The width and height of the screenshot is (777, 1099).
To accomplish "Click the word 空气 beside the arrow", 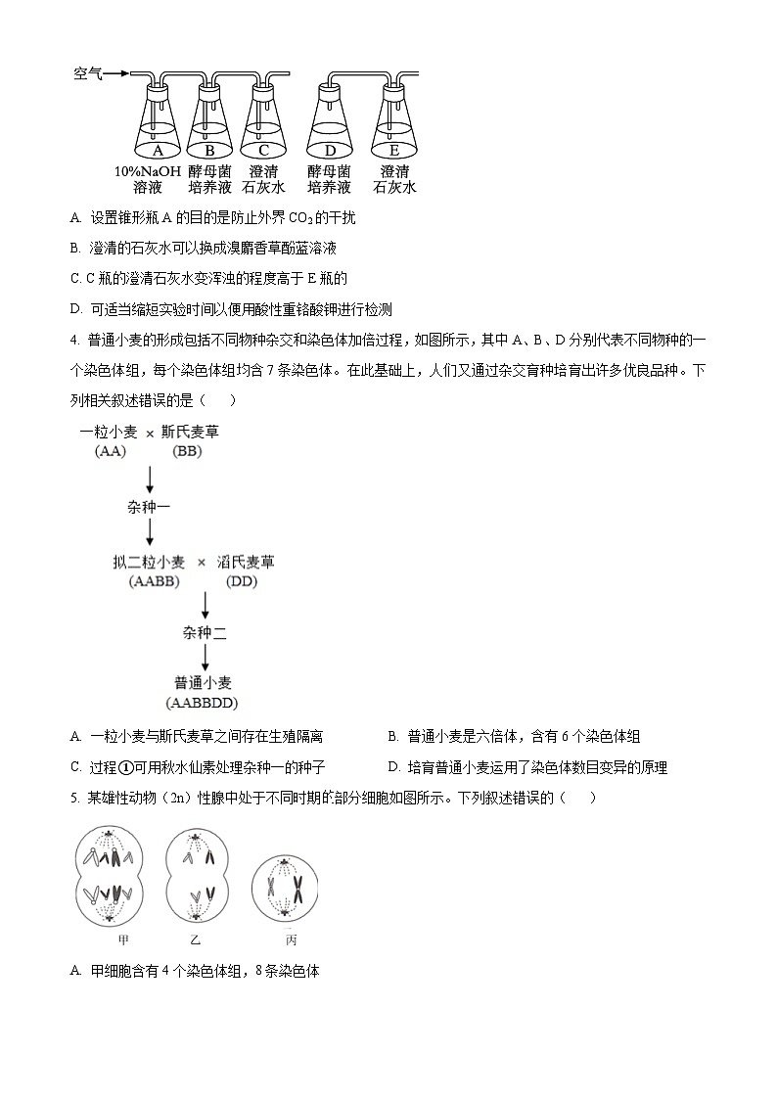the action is coord(88,73).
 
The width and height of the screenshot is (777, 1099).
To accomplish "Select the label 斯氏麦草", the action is coord(190,432).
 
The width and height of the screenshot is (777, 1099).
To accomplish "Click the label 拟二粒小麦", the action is coord(149,562).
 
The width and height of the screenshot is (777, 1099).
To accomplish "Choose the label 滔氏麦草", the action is coord(246,562).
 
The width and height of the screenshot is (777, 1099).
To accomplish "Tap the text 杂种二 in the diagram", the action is coord(205,633).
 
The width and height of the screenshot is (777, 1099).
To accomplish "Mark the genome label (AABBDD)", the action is coord(204,703).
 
